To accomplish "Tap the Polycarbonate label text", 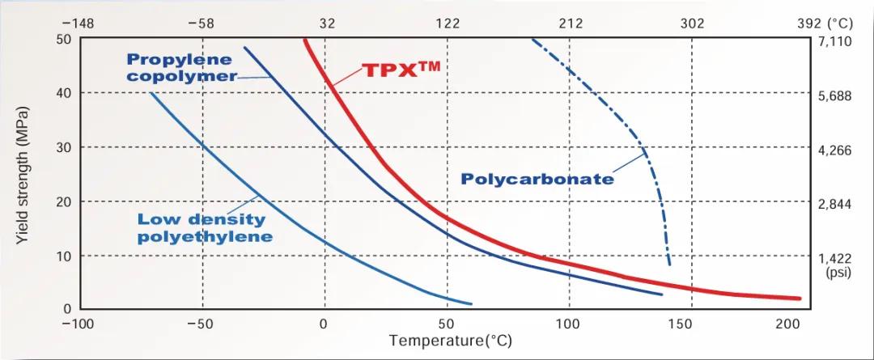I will click(537, 179).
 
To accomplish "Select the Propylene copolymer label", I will click(180, 68).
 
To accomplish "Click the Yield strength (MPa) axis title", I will click(23, 175).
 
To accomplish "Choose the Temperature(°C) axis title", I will click(451, 341).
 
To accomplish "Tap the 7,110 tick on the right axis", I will click(835, 40).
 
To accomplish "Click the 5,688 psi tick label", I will click(835, 96).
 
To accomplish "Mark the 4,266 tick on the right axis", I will click(835, 150).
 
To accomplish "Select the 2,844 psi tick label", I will click(835, 205).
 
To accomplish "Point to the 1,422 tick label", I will click(835, 259).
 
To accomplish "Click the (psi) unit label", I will click(838, 273).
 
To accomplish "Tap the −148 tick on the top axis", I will click(78, 23).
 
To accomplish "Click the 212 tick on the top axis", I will click(571, 23).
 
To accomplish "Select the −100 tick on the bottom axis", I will click(78, 324).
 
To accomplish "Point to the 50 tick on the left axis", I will click(63, 39).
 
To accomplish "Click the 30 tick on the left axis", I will click(63, 147).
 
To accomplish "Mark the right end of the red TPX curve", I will click(800, 299).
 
